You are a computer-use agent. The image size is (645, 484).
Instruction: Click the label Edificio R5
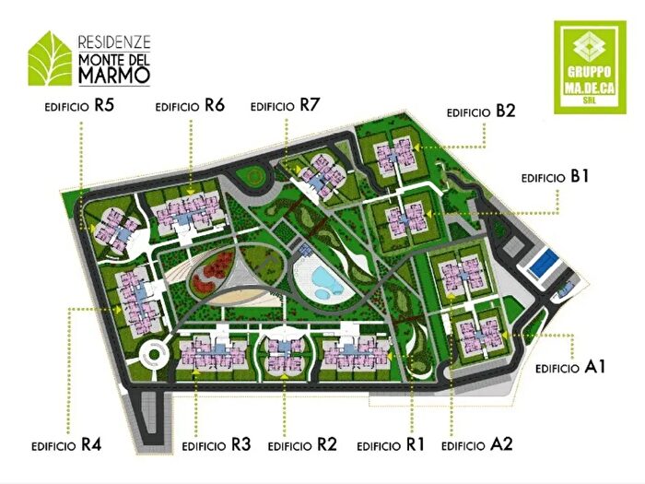pyautogui.click(x=78, y=106)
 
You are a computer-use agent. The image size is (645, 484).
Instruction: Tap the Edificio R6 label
pyautogui.click(x=191, y=106)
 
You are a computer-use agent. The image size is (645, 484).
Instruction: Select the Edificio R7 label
pyautogui.click(x=285, y=106)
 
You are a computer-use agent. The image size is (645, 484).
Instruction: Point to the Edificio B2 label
pyautogui.click(x=480, y=112)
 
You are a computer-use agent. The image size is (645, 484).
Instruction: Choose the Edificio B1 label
pyautogui.click(x=554, y=176)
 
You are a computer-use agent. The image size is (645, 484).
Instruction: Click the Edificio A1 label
pyautogui.click(x=570, y=367)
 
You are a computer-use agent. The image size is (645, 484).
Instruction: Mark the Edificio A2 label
pyautogui.click(x=476, y=444)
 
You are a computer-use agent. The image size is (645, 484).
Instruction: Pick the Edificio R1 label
pyautogui.click(x=390, y=444)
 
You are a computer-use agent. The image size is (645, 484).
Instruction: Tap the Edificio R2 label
pyautogui.click(x=302, y=444)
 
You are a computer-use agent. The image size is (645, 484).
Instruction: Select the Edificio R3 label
pyautogui.click(x=217, y=444)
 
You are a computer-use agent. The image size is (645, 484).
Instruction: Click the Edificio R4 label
pyautogui.click(x=65, y=444)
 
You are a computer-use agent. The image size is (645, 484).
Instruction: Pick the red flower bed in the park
pyautogui.click(x=211, y=269)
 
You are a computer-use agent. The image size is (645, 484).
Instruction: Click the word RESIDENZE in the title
pyautogui.click(x=114, y=41)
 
